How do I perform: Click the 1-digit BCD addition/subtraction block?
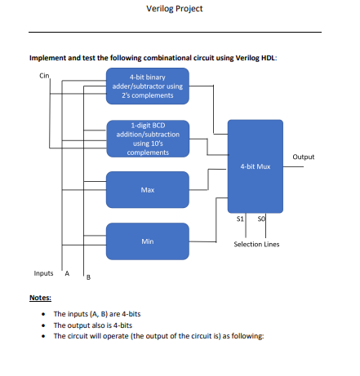(148, 139)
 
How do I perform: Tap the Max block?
(148, 189)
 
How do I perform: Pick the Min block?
(148, 241)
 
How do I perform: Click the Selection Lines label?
(256, 244)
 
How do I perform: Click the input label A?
(67, 272)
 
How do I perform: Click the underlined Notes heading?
(40, 298)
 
